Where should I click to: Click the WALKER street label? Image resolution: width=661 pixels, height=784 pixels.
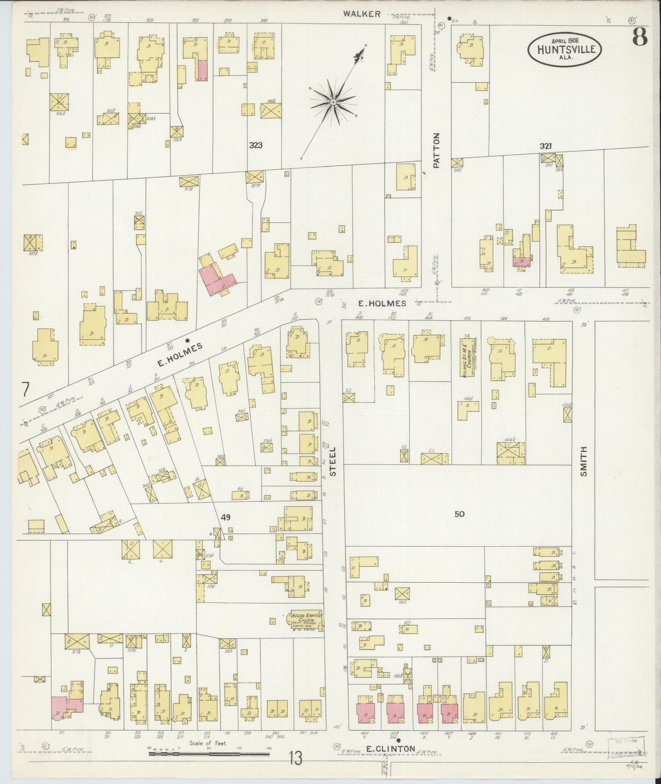pyautogui.click(x=362, y=14)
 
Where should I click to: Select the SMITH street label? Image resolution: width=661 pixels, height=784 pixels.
pyautogui.click(x=583, y=462)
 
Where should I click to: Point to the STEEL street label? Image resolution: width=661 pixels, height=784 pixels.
pyautogui.click(x=333, y=462)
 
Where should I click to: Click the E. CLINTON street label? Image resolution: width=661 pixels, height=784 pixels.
pyautogui.click(x=390, y=749)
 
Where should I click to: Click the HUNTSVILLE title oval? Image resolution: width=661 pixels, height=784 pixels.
pyautogui.click(x=564, y=49)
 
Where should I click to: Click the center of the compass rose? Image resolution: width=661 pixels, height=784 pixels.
pyautogui.click(x=333, y=102)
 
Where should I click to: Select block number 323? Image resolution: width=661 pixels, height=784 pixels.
pyautogui.click(x=256, y=145)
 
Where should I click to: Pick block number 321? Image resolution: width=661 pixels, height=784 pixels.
pyautogui.click(x=545, y=146)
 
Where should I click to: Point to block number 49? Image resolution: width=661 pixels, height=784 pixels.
pyautogui.click(x=225, y=517)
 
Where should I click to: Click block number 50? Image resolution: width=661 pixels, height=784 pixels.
pyautogui.click(x=459, y=514)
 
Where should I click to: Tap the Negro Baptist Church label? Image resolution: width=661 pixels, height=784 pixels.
pyautogui.click(x=307, y=621)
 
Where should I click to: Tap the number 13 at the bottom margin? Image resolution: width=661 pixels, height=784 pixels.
pyautogui.click(x=295, y=759)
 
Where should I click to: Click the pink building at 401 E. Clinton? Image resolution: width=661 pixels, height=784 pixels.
pyautogui.click(x=365, y=712)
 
